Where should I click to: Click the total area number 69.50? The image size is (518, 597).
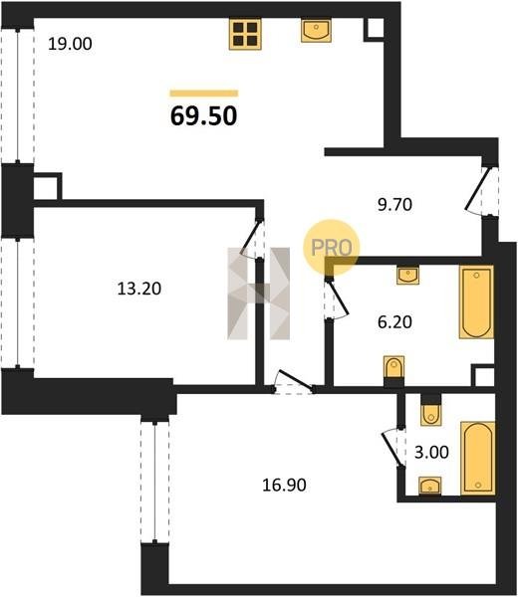[x=204, y=116]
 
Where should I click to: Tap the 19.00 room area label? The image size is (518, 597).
[x=70, y=44]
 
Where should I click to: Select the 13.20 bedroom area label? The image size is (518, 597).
[x=139, y=289]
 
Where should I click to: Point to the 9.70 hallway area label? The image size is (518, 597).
[x=394, y=205]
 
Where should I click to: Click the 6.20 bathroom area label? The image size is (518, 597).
[x=394, y=322]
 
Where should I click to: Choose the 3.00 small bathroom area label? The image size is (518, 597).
[x=431, y=453]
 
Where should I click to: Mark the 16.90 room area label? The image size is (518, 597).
[x=284, y=486]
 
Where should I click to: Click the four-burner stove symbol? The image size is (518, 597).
[x=245, y=34]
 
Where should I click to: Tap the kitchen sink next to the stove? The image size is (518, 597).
[x=316, y=31]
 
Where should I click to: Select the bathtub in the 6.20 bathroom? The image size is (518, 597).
[x=476, y=301]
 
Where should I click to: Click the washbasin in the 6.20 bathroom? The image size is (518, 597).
[x=407, y=275]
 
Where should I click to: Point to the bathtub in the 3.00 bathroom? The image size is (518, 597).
[x=478, y=459]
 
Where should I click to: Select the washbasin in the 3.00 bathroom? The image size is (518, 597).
[x=430, y=486]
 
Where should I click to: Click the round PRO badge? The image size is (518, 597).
[x=332, y=248]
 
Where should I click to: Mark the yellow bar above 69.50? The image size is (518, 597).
[x=204, y=94]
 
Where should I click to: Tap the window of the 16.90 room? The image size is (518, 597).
[x=154, y=482]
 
